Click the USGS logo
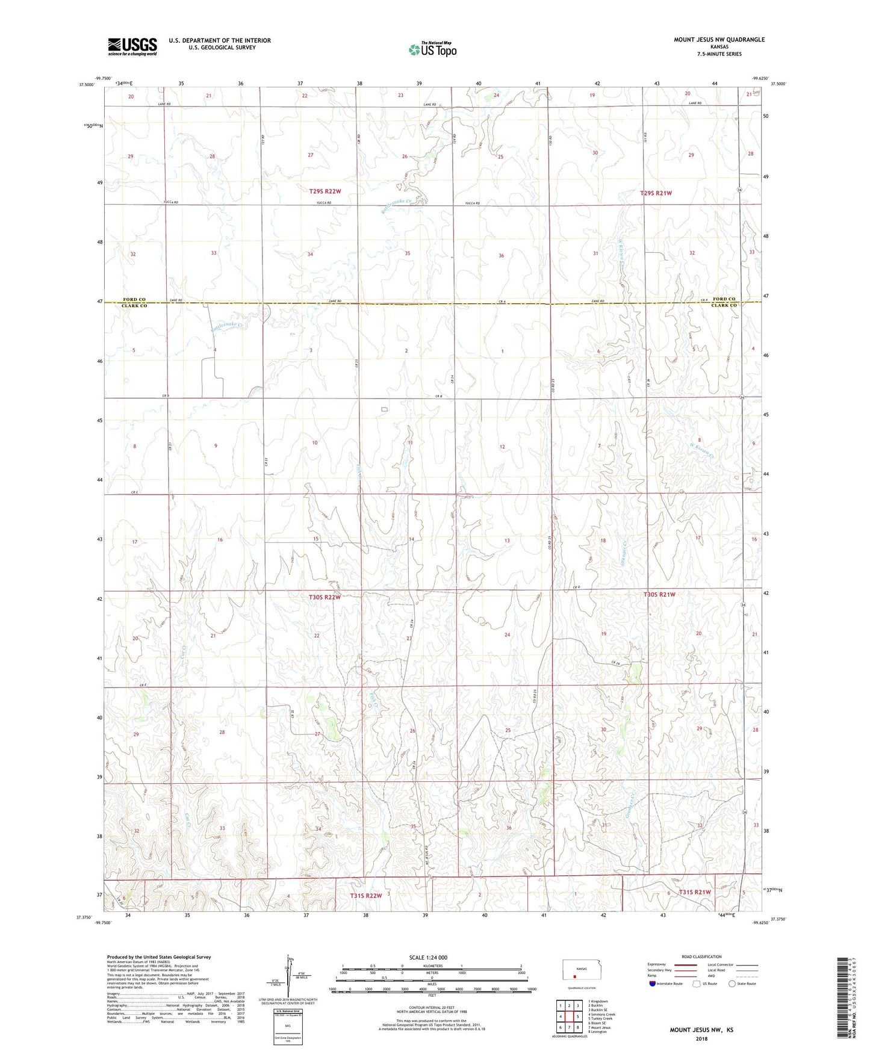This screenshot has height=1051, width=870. click(132, 46)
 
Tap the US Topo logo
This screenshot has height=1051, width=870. click(432, 49)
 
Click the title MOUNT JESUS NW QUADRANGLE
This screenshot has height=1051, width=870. click(719, 40)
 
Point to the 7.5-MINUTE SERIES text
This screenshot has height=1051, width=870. click(719, 54)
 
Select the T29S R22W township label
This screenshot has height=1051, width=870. click(325, 191)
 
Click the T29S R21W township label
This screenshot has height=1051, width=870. click(656, 193)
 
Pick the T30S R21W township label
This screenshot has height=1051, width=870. click(659, 594)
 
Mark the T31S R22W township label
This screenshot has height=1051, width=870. click(366, 896)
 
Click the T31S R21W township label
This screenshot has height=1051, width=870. click(695, 892)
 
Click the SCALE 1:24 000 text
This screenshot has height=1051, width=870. click(428, 957)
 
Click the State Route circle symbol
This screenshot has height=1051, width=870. click(732, 984)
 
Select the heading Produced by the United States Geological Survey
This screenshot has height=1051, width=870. click(159, 956)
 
